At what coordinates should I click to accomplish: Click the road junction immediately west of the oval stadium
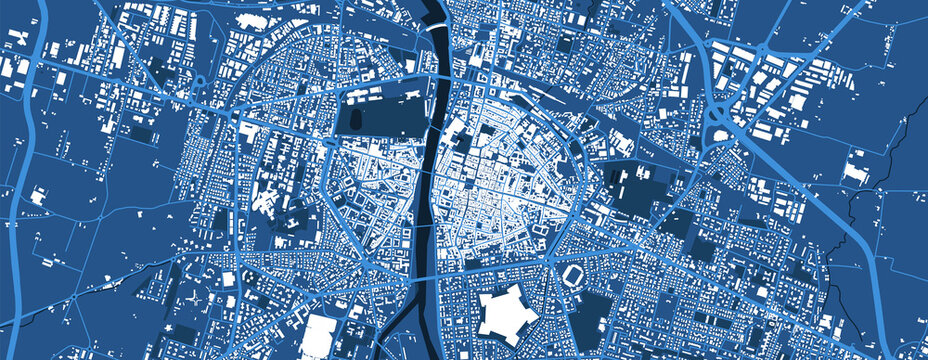click(x=550, y=263)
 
